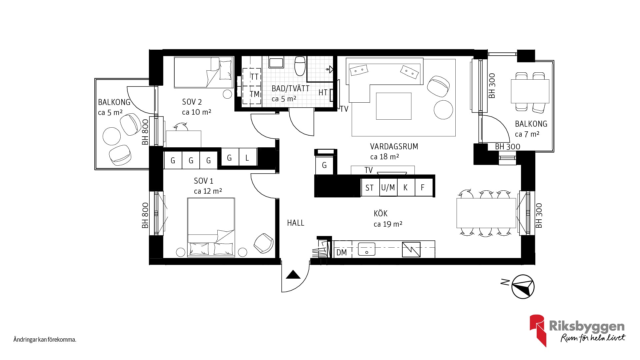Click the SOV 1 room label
click(203, 181)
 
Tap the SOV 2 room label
click(192, 102)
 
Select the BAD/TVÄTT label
click(290, 89)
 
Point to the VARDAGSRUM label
click(394, 146)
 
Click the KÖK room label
click(380, 213)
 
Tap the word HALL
click(296, 223)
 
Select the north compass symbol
click(523, 287)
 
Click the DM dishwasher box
click(342, 252)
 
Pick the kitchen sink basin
click(366, 249)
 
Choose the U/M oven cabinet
click(388, 188)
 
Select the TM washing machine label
click(255, 94)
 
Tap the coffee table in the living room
click(393, 106)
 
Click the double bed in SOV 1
click(211, 227)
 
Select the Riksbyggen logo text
click(586, 327)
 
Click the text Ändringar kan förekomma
click(45, 340)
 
